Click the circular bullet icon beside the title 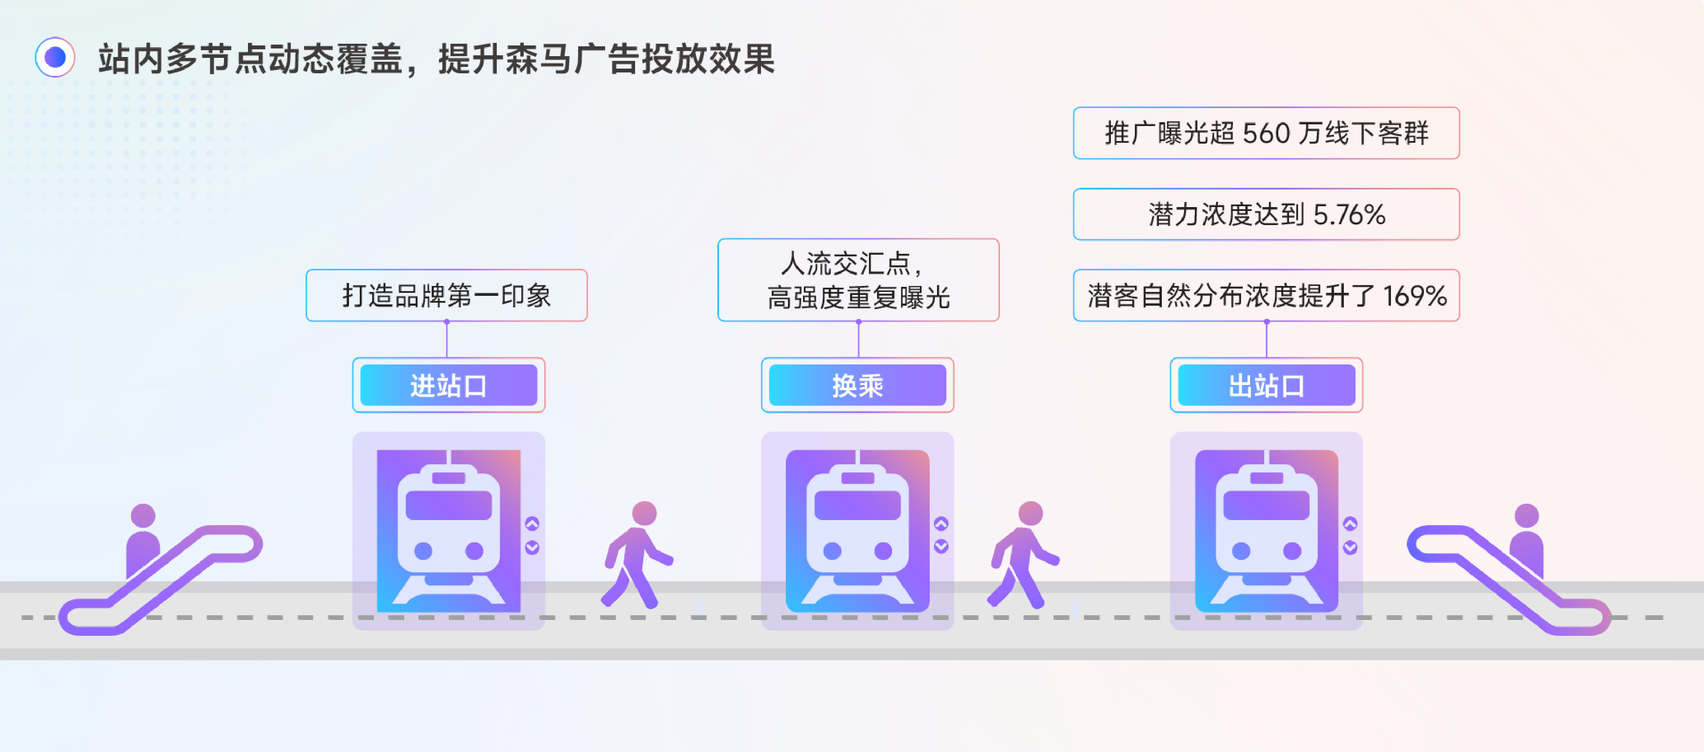click(55, 57)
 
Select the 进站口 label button click(448, 385)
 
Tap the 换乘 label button click(857, 385)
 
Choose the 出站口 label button click(1266, 385)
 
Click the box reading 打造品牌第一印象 click(447, 295)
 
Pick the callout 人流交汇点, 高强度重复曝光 click(858, 280)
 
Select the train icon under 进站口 click(448, 531)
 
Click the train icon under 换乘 click(857, 531)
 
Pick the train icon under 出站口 click(1266, 531)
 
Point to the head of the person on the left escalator click(143, 516)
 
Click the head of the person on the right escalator click(1526, 516)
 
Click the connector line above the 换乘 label click(858, 340)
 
